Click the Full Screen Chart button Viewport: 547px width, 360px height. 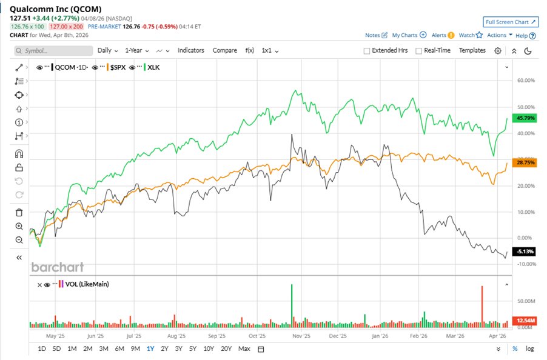click(511, 22)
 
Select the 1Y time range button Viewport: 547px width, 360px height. click(150, 348)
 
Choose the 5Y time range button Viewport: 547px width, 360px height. click(192, 348)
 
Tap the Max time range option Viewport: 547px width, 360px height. click(244, 348)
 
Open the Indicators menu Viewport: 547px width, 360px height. click(190, 50)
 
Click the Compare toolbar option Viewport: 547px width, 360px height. click(224, 50)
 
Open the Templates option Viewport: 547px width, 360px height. click(472, 50)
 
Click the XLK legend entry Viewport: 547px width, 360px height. click(153, 68)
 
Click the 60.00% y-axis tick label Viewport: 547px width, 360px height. click(525, 80)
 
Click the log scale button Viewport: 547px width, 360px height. click(529, 348)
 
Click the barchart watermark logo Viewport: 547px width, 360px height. click(58, 267)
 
